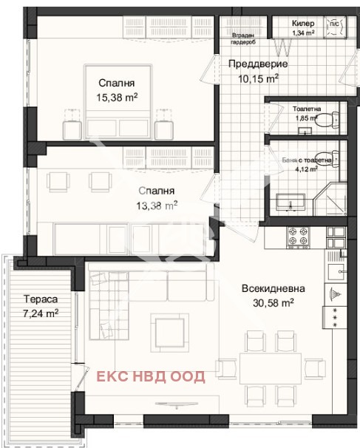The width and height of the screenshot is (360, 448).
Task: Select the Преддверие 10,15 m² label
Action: pyautogui.click(x=253, y=70)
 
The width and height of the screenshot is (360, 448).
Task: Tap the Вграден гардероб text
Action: pyautogui.click(x=244, y=39)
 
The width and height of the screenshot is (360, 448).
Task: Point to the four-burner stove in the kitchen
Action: pyautogui.click(x=299, y=236)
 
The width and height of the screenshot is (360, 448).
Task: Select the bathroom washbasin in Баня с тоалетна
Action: pyautogui.click(x=293, y=200)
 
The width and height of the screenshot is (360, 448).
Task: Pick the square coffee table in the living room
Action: pyautogui.click(x=169, y=331)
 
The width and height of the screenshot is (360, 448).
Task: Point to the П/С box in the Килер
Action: pyautogui.click(x=333, y=22)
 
